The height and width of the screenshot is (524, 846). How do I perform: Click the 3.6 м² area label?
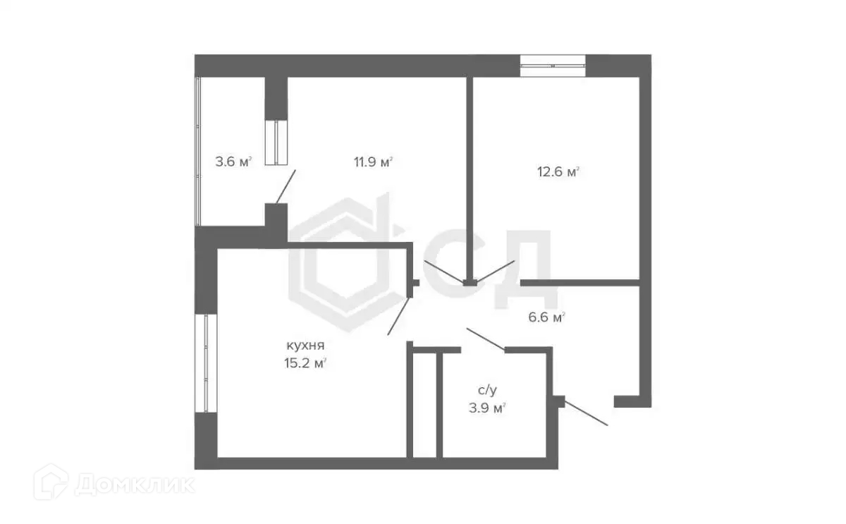(x=233, y=162)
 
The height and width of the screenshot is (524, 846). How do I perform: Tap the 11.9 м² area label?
(x=373, y=162)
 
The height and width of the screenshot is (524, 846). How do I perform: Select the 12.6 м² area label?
(x=558, y=171)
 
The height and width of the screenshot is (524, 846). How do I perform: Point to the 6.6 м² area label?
(x=548, y=318)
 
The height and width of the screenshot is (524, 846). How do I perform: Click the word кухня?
(x=305, y=346)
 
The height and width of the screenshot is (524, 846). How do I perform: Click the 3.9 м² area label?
(x=490, y=408)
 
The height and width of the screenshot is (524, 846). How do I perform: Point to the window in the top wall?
(x=553, y=65)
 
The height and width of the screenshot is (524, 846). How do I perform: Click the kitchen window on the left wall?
(x=206, y=363)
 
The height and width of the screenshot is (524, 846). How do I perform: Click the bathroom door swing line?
(x=485, y=339)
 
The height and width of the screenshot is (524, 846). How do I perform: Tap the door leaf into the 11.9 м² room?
(x=443, y=271)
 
